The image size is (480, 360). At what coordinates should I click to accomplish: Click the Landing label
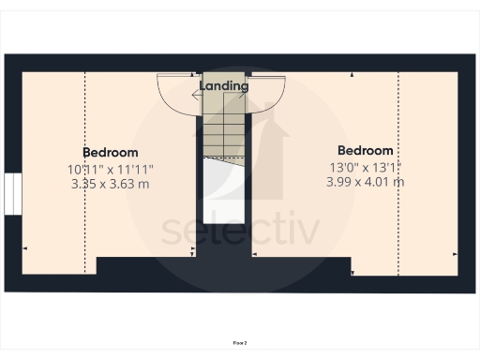tap(224, 86)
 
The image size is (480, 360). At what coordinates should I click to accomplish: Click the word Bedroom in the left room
tap(111, 152)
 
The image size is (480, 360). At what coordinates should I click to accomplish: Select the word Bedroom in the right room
tap(366, 150)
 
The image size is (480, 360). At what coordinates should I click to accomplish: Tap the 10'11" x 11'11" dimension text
tap(111, 169)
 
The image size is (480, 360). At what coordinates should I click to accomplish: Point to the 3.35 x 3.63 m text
tap(111, 184)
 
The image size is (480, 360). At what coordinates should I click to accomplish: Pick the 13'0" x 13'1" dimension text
tap(366, 167)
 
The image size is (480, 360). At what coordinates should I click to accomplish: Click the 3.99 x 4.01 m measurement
tap(366, 182)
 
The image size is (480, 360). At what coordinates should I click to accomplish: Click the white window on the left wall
tap(11, 194)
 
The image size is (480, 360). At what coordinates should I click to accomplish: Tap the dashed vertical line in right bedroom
tap(398, 169)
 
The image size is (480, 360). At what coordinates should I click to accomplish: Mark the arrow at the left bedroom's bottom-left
tap(24, 248)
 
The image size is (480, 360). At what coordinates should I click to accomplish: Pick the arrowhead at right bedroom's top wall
tap(352, 73)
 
